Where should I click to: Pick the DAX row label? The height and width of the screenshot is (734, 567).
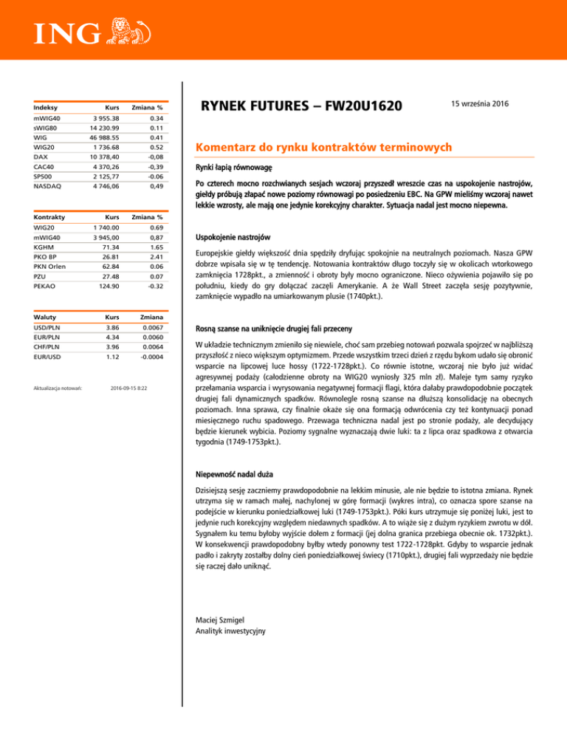42,157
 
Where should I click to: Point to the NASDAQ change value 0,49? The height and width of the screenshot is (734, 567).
153,187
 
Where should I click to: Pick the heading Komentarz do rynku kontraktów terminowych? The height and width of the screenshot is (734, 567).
324,148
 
